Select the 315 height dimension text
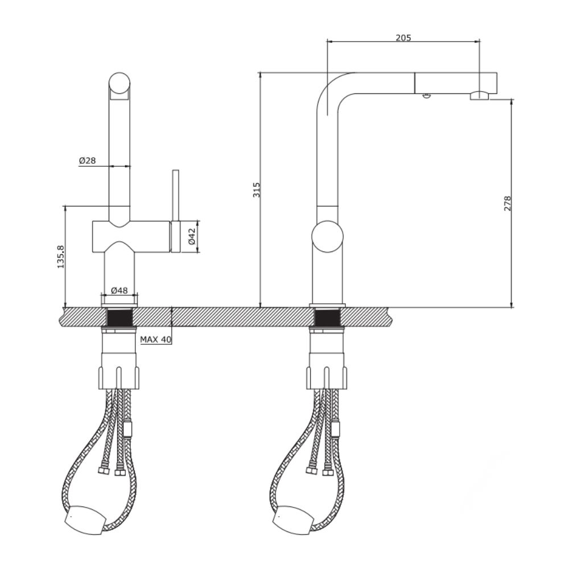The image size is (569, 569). coord(257,189)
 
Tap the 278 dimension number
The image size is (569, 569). coord(508,203)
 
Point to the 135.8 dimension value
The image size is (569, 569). coord(61,257)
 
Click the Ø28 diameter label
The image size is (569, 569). coord(87,161)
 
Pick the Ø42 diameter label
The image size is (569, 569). coord(192,236)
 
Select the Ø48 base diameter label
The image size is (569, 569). coord(119,290)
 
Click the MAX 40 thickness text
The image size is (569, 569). coord(155,340)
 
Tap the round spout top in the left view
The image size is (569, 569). coord(119,83)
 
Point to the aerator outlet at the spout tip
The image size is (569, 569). coord(479,96)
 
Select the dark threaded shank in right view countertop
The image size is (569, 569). coord(327,317)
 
